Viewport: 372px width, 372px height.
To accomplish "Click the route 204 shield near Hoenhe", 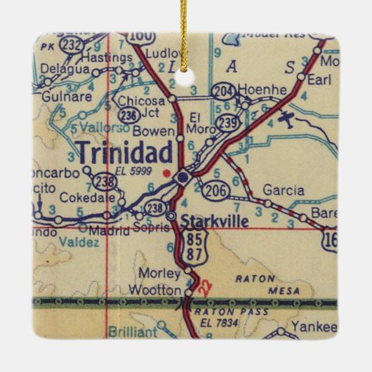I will [223, 90].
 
